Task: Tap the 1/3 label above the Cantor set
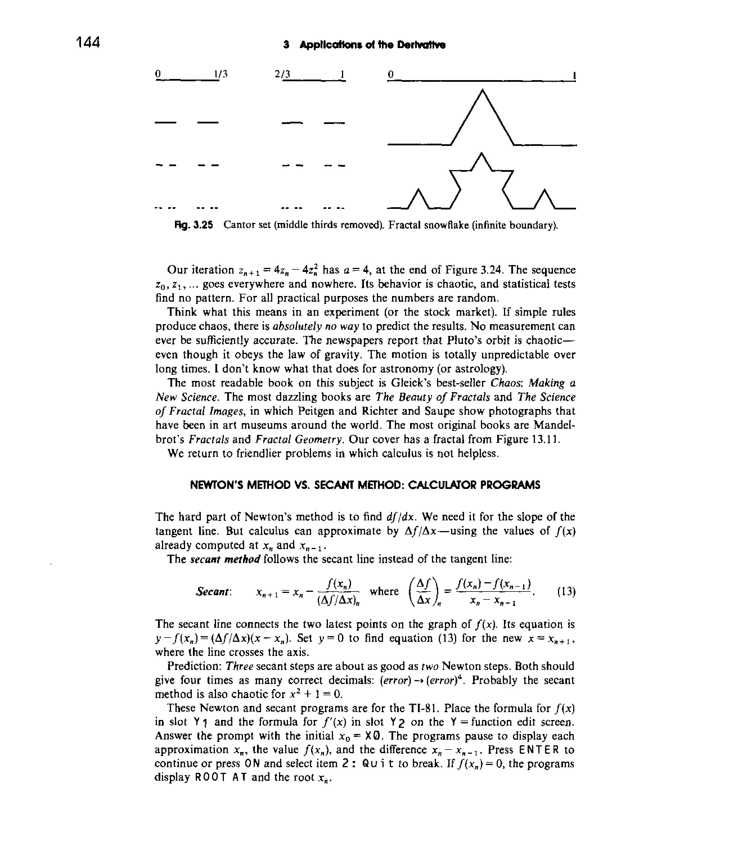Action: (x=220, y=74)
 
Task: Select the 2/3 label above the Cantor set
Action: (x=283, y=74)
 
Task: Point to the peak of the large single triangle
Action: (x=482, y=91)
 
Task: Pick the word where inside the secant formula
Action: (x=384, y=592)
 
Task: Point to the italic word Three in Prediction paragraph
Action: (x=240, y=666)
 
